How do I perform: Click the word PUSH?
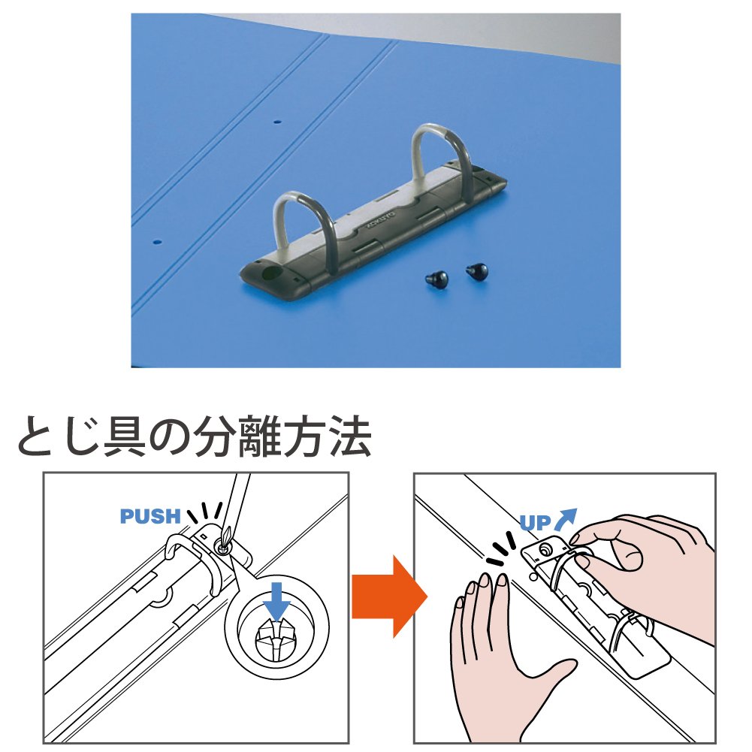click(150, 516)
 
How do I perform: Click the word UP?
click(536, 522)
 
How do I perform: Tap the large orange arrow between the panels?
click(389, 596)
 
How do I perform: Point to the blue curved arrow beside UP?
click(565, 519)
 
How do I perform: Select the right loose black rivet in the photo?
click(477, 272)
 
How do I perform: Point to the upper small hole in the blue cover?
click(276, 122)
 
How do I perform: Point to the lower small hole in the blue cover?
click(156, 242)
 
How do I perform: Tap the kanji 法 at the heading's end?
click(349, 436)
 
